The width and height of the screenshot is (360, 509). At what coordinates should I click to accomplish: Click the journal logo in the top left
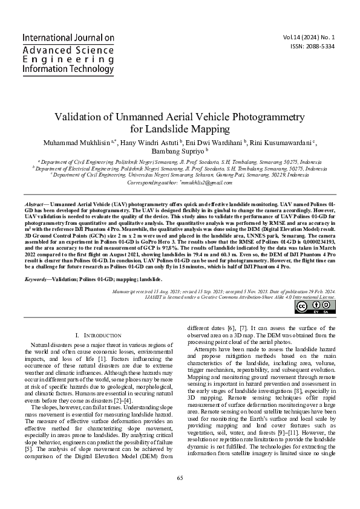click(x=68, y=53)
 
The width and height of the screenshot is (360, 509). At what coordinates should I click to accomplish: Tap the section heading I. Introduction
click(x=97, y=334)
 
